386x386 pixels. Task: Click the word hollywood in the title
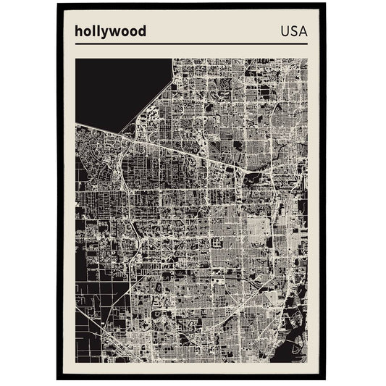coord(110,31)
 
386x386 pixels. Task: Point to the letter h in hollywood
coord(78,31)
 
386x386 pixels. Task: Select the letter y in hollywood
coord(104,33)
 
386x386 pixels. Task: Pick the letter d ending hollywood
coord(142,31)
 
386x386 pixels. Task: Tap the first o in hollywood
coord(87,32)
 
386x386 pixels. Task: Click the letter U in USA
coord(281,31)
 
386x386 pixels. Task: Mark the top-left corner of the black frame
coord(58,4)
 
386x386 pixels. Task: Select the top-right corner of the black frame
coord(326,4)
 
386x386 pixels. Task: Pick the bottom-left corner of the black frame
coord(58,379)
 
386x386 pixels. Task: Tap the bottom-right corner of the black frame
coord(326,379)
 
